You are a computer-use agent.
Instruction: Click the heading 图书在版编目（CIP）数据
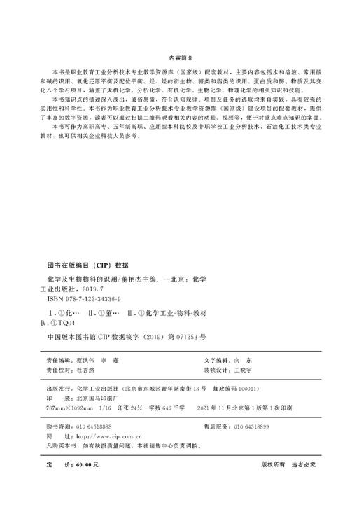point(89,265)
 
